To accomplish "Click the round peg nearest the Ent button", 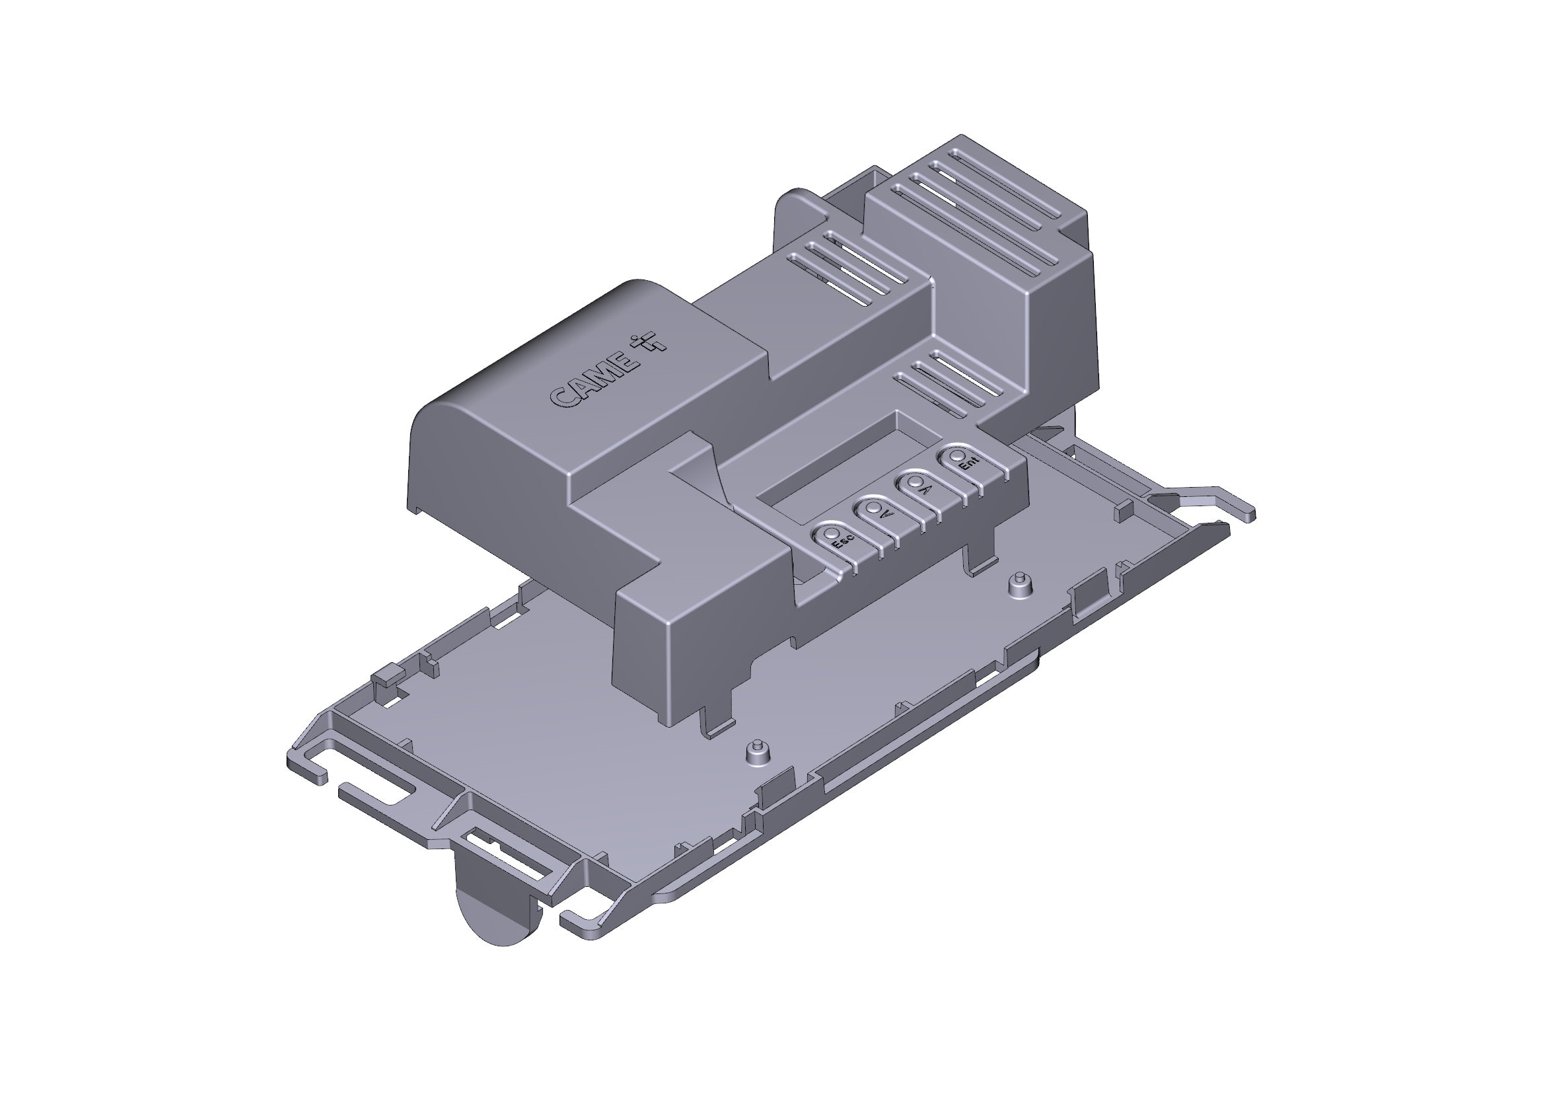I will click(1021, 581).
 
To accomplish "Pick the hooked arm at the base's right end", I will click(1205, 502).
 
